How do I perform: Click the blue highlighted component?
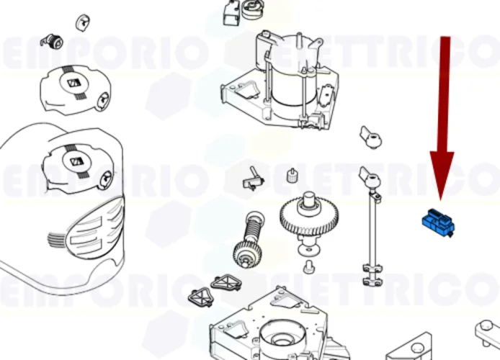(x=437, y=221)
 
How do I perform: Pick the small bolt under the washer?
(x=308, y=268)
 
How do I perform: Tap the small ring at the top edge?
(x=253, y=10)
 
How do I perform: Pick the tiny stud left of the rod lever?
(x=292, y=175)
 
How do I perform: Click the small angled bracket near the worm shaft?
(x=254, y=176)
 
